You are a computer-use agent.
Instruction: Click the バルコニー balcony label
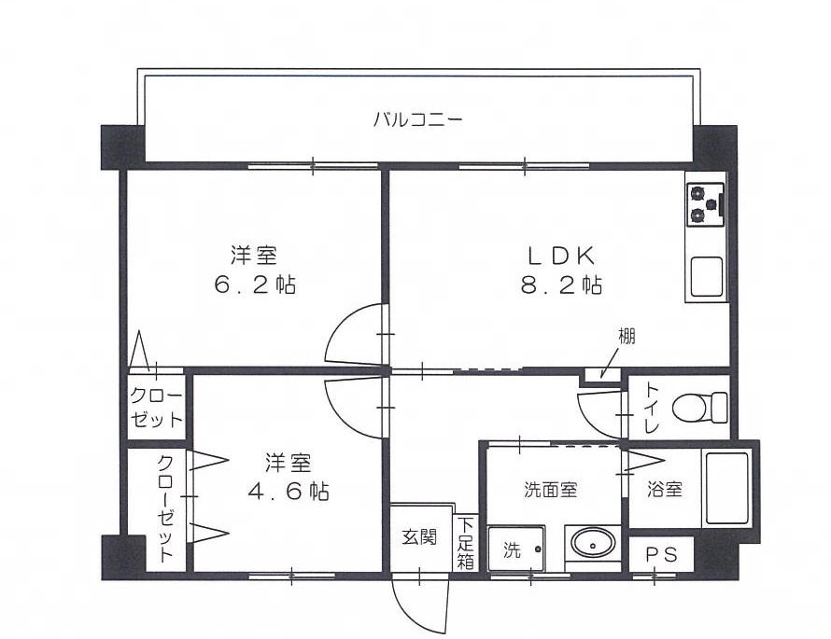(x=417, y=119)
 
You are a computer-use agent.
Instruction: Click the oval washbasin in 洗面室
(x=592, y=543)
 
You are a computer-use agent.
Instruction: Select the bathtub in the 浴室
(x=729, y=490)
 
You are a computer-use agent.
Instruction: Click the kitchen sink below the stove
(x=706, y=276)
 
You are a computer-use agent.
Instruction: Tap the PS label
(x=661, y=553)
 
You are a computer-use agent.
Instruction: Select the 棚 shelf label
(x=627, y=336)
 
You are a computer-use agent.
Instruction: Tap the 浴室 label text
(x=666, y=489)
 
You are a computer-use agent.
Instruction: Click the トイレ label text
(x=651, y=409)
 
